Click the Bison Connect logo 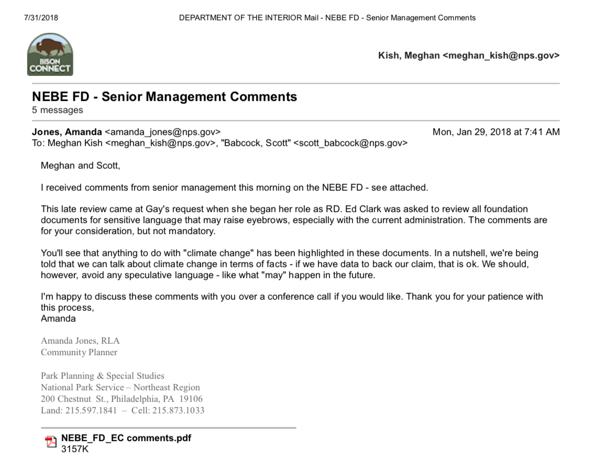[x=50, y=55]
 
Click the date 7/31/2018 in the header [x=41, y=18]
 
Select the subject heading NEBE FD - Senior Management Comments [x=165, y=97]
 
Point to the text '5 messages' [x=58, y=111]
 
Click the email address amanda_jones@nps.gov [x=162, y=132]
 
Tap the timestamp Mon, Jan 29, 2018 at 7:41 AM [x=496, y=132]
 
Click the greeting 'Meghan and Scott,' [x=80, y=166]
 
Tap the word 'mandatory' [x=192, y=231]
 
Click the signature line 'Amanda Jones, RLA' [x=80, y=341]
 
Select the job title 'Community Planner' [x=79, y=352]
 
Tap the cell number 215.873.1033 [x=178, y=410]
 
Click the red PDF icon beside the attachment [x=51, y=442]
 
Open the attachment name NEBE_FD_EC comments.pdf [x=126, y=438]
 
